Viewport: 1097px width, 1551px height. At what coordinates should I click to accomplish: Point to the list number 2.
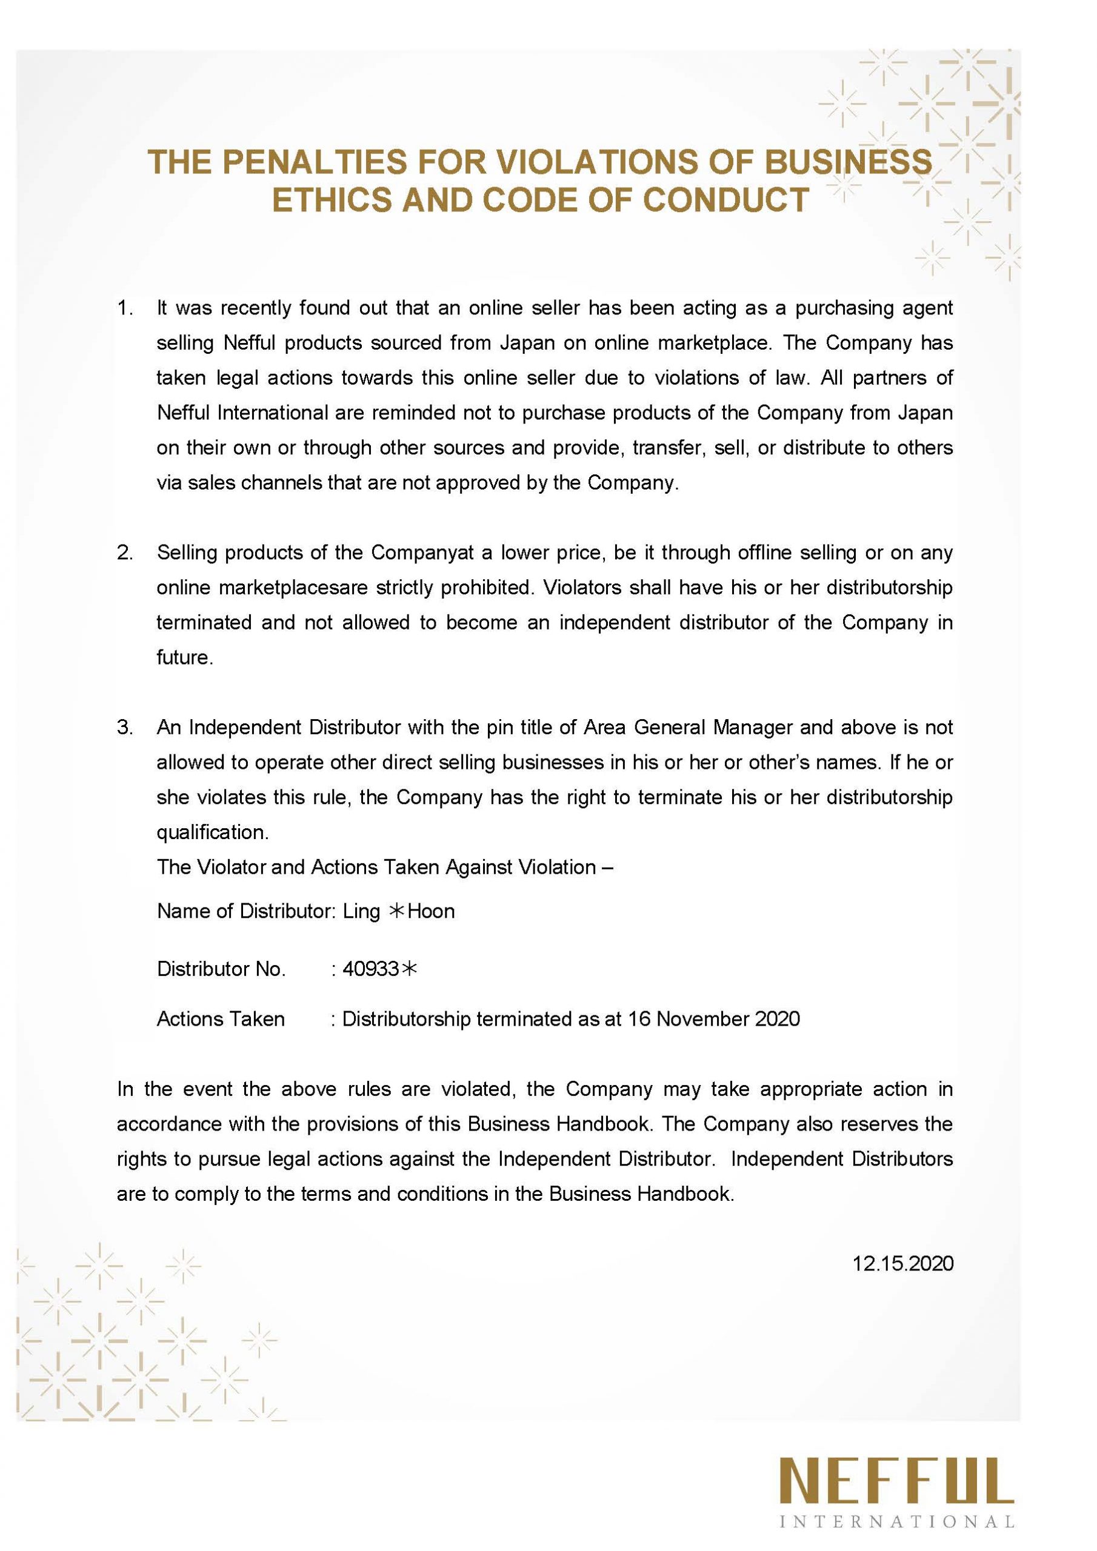[124, 553]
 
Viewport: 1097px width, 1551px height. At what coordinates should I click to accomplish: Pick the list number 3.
[124, 728]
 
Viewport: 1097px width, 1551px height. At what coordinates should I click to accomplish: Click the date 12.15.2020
[902, 1263]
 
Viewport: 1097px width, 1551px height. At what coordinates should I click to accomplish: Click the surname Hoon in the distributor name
[432, 911]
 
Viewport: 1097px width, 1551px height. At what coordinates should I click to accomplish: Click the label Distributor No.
[221, 969]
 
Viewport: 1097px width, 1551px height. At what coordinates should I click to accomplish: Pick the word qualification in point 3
[212, 832]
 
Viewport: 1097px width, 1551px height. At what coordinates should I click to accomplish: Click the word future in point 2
[184, 657]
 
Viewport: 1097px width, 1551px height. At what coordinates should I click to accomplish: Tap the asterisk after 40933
[409, 969]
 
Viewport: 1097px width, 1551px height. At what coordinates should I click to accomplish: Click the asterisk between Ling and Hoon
[395, 911]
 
